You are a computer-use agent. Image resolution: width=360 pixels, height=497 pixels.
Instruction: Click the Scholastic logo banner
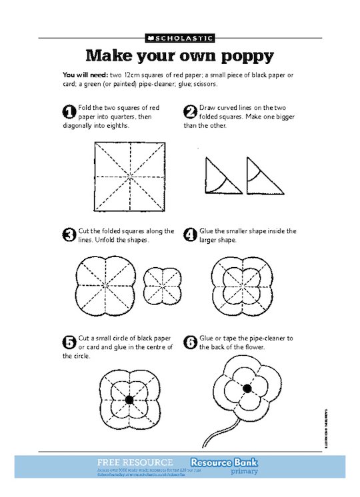click(179, 38)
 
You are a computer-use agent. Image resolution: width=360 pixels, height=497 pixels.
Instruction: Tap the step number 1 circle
click(69, 111)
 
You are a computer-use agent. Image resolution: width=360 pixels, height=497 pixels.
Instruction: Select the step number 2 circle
click(190, 111)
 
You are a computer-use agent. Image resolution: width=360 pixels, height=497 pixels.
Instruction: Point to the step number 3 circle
click(69, 235)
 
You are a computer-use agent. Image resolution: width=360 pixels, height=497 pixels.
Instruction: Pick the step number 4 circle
click(190, 235)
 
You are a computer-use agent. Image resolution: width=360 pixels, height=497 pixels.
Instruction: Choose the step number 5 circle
click(69, 342)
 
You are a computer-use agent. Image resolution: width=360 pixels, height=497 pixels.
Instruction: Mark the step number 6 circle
click(190, 342)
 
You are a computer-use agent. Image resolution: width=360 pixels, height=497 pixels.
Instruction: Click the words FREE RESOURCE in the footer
click(135, 462)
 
